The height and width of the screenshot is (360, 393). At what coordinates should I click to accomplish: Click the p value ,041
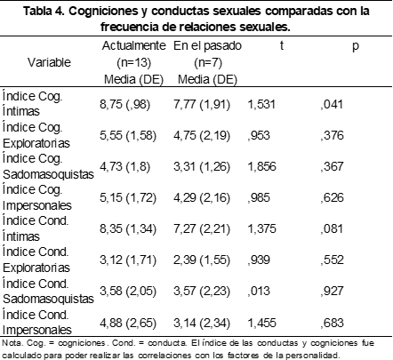tap(332, 104)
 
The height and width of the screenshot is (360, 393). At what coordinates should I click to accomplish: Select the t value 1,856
tap(261, 166)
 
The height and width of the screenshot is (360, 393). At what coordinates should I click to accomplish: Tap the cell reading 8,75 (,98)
tap(124, 105)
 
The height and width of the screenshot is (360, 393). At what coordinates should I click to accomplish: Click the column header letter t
tap(281, 45)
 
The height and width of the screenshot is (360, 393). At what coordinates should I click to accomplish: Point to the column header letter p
tap(356, 47)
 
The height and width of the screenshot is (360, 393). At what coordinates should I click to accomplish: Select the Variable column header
tap(49, 62)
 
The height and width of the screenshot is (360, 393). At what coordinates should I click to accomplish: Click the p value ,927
tap(332, 291)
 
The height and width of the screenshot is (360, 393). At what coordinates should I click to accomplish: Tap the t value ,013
tap(259, 291)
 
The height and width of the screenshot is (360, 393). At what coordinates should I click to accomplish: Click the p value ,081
tap(332, 228)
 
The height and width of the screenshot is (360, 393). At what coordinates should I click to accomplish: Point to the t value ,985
tap(259, 197)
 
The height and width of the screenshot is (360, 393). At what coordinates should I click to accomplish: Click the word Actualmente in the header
tap(133, 45)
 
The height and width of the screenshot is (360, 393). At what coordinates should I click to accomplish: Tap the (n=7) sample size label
tap(208, 62)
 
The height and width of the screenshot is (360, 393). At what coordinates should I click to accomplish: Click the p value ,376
tap(332, 135)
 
